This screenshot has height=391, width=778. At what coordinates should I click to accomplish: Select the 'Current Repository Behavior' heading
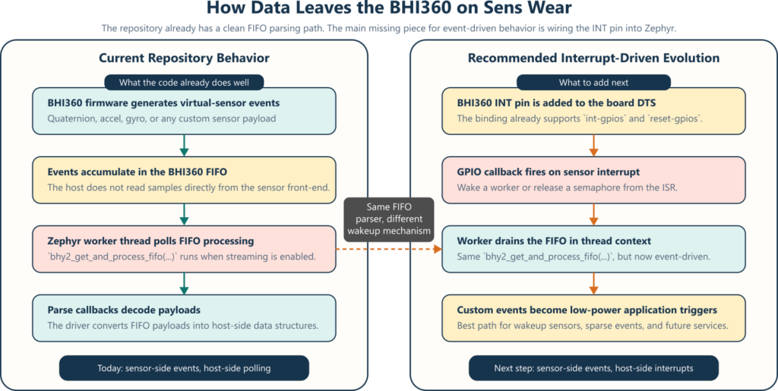[x=185, y=58]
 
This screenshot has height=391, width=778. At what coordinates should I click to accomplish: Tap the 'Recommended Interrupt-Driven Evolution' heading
[x=593, y=58]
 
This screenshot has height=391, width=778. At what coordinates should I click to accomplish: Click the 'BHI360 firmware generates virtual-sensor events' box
[x=184, y=111]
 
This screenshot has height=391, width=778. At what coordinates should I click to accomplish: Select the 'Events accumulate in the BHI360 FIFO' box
[x=184, y=180]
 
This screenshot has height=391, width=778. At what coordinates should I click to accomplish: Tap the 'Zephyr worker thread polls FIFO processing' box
[x=184, y=249]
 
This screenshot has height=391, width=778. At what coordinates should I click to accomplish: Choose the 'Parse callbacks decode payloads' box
[x=184, y=318]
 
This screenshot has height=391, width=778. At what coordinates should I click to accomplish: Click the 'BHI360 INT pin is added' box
[x=593, y=111]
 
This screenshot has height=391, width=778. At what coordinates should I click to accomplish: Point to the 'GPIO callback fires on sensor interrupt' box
[x=593, y=180]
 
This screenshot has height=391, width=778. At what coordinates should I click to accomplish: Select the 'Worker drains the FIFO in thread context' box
[x=593, y=249]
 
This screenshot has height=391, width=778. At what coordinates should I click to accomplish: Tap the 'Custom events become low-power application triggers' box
[x=593, y=318]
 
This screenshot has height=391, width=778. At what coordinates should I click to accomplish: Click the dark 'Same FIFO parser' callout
[x=388, y=219]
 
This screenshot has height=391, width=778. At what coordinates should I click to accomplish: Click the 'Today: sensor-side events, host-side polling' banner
[x=184, y=368]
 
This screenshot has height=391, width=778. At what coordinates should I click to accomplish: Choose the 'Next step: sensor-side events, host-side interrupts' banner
[x=593, y=368]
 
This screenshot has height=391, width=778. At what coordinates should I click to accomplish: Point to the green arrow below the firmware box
[x=184, y=145]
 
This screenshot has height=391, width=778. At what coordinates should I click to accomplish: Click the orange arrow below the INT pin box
[x=593, y=145]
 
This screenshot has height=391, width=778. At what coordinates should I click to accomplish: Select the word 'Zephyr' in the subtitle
[x=659, y=29]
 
